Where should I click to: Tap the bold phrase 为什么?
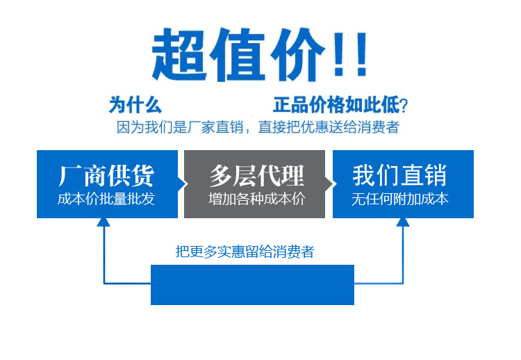135,105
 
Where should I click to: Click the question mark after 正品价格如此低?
404,106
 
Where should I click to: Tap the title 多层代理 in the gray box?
257,176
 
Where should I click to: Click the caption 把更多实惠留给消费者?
245,252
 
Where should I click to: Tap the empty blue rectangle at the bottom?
252,284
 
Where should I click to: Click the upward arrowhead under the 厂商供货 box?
104,222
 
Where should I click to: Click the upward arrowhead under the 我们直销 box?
403,222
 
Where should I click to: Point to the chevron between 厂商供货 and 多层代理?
182,184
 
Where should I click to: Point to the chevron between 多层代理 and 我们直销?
329,184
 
